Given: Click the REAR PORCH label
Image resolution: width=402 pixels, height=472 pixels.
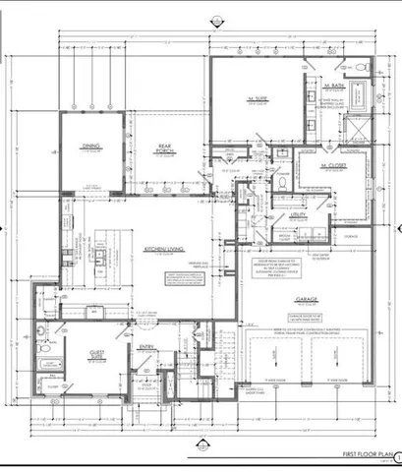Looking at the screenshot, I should [x=166, y=151].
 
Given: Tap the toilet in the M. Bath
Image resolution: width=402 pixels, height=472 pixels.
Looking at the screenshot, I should [x=281, y=179].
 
